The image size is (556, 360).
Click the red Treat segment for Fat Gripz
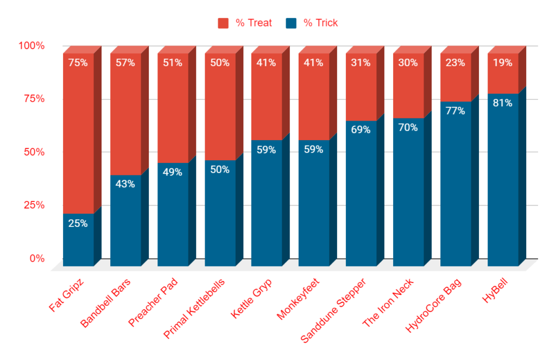(78, 136)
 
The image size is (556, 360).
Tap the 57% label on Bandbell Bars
(125, 62)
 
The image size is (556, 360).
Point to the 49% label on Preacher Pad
(173, 172)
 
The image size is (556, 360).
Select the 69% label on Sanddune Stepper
(361, 130)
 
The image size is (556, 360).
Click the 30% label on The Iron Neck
(408, 62)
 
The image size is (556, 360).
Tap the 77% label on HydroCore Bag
(456, 111)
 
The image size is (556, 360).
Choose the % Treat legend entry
(245, 23)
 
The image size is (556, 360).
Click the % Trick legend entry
(312, 23)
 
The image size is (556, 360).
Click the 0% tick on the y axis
(37, 258)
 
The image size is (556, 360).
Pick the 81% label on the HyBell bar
(503, 103)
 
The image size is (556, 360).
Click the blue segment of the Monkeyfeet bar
(314, 206)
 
